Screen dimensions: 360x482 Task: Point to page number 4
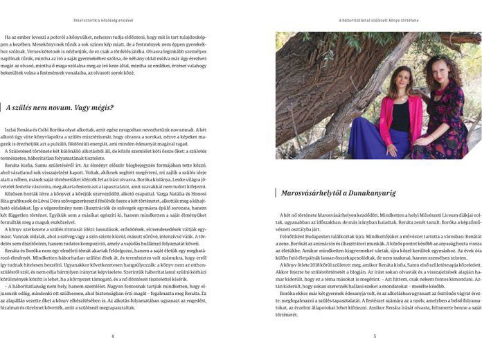112,336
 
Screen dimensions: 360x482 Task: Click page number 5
375,336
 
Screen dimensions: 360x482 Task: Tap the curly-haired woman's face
441,69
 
